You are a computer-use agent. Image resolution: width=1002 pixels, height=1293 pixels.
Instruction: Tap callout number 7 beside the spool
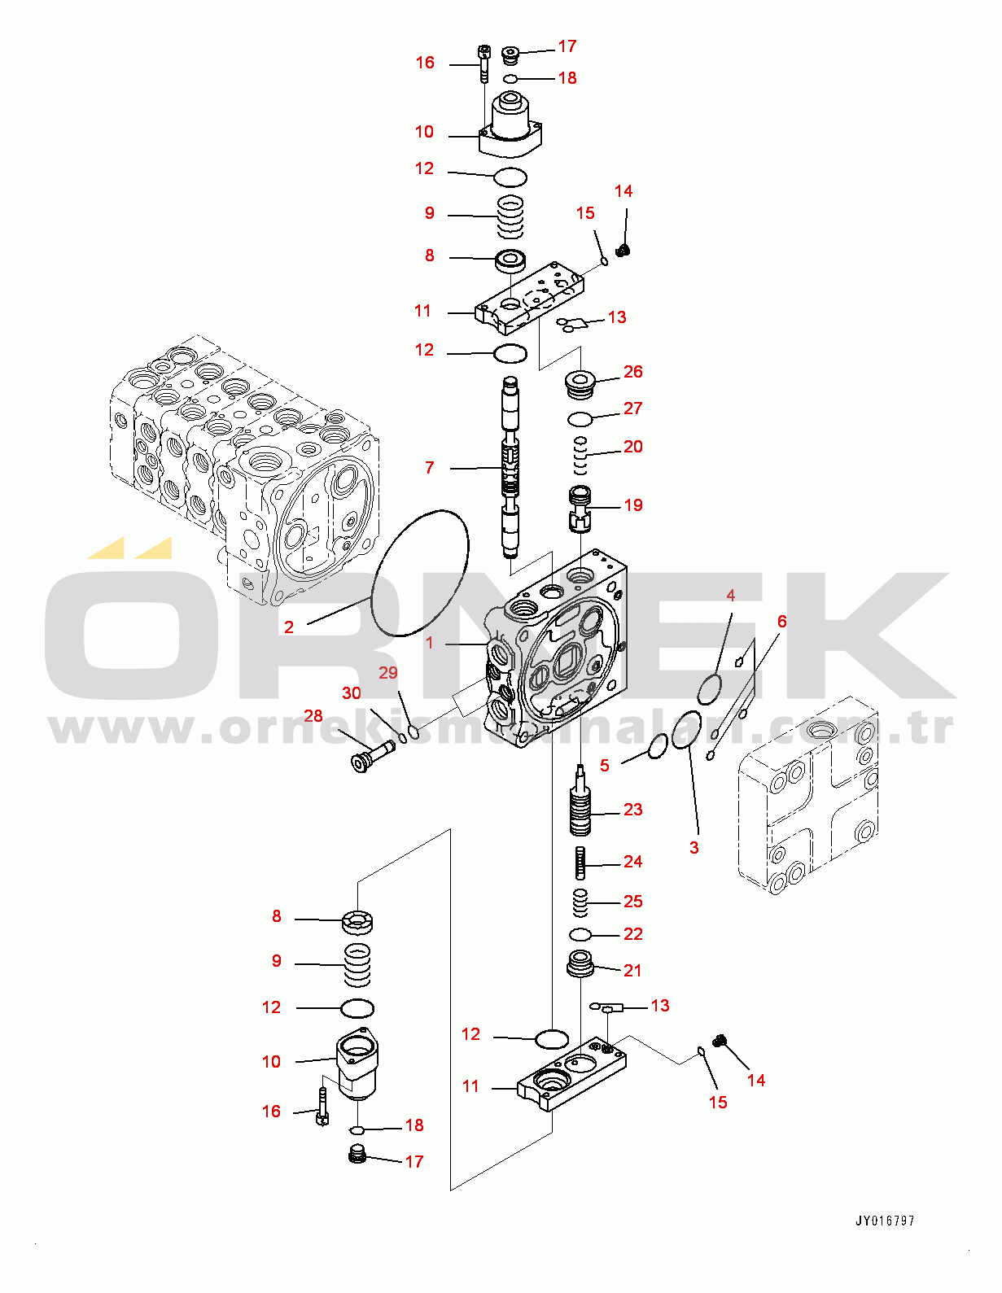click(430, 468)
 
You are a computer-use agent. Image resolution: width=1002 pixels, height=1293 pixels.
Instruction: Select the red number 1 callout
click(430, 643)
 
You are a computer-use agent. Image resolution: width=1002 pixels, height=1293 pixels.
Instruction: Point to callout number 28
click(313, 716)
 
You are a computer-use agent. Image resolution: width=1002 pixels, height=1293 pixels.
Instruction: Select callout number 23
click(632, 809)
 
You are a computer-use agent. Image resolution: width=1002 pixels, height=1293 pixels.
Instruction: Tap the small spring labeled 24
click(580, 863)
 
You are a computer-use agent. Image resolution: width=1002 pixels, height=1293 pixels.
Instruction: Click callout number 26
click(632, 372)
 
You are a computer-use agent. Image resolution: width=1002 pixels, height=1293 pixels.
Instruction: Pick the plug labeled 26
click(580, 385)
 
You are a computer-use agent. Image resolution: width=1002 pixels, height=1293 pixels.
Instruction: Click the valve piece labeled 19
click(580, 509)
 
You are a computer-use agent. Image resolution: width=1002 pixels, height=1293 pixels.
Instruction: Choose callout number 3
click(694, 848)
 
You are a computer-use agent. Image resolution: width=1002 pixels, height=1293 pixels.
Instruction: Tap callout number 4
click(731, 595)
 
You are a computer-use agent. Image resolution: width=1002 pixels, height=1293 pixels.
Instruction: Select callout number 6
click(782, 622)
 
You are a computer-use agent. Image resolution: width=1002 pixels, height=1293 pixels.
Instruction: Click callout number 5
click(605, 766)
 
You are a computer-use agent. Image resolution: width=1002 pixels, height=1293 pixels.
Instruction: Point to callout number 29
click(388, 673)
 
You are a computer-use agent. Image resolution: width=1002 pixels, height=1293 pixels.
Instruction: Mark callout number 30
click(351, 693)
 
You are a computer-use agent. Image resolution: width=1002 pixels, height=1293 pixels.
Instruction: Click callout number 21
click(632, 971)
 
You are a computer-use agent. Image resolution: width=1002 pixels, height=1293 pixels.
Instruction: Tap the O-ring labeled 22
click(580, 935)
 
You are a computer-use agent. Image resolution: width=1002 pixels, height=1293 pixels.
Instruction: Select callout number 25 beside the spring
click(632, 902)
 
